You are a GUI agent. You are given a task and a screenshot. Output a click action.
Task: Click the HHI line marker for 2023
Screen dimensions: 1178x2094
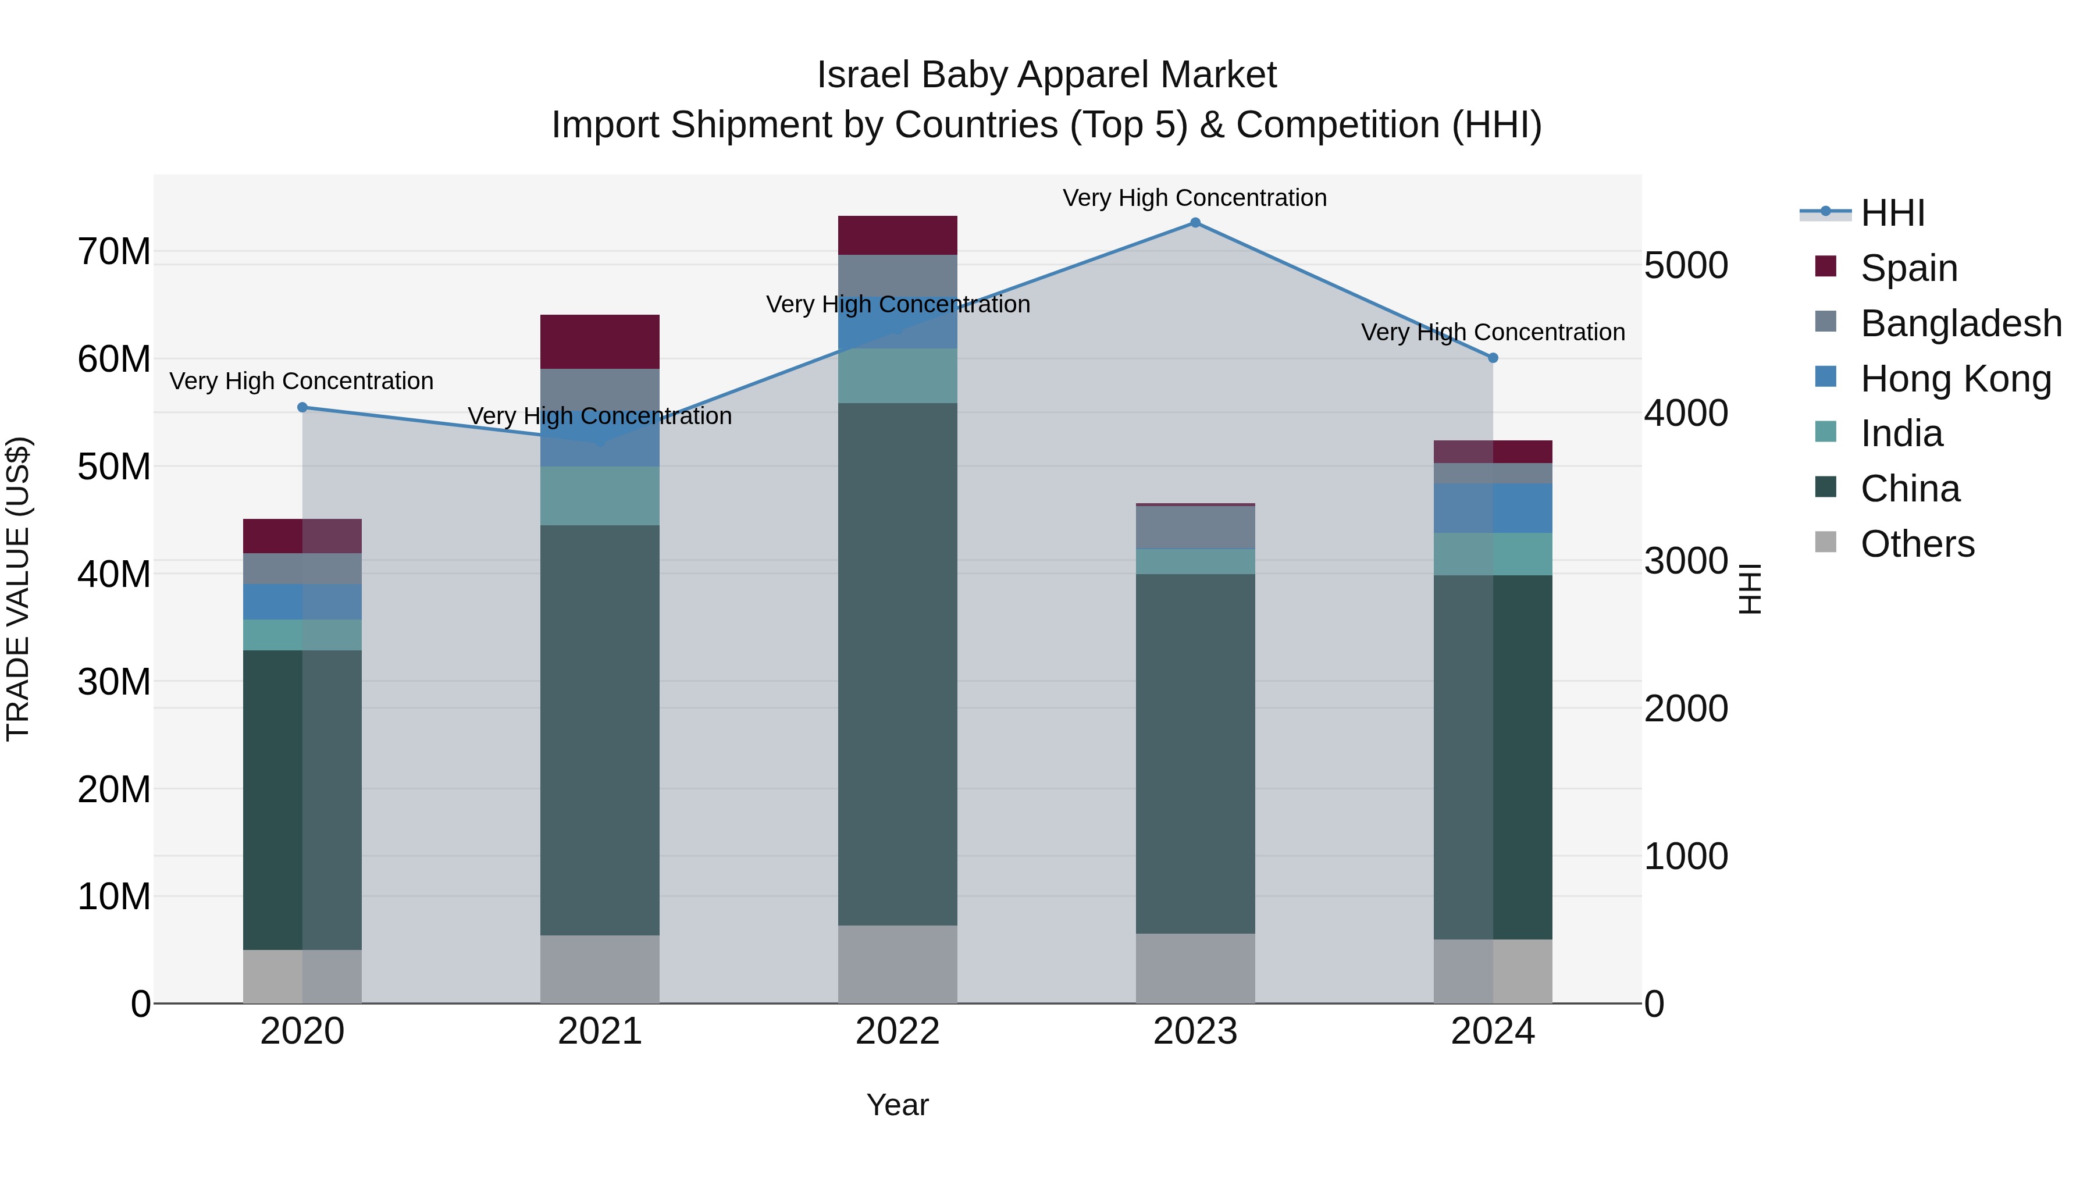pyautogui.click(x=1195, y=223)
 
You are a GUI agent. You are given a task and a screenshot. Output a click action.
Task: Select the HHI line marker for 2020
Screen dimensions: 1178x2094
pyautogui.click(x=302, y=407)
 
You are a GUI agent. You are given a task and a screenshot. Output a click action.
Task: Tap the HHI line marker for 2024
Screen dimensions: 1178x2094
pyautogui.click(x=1493, y=358)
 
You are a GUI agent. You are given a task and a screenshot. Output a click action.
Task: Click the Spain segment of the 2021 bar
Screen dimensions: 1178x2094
pyautogui.click(x=600, y=341)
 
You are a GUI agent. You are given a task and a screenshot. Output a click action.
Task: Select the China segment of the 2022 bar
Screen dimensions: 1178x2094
pyautogui.click(x=898, y=663)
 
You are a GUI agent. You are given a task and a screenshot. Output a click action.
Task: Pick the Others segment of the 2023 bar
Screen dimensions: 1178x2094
pyautogui.click(x=1195, y=967)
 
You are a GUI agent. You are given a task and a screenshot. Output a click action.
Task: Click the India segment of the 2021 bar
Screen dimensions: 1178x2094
pyautogui.click(x=600, y=496)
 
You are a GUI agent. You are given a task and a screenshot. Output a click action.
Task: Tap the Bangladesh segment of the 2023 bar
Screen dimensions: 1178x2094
pyautogui.click(x=1195, y=527)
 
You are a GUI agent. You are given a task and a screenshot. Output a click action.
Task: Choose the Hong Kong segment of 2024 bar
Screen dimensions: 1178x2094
pyautogui.click(x=1493, y=508)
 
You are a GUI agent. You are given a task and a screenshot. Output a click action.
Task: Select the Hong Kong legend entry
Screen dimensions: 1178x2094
pyautogui.click(x=1955, y=378)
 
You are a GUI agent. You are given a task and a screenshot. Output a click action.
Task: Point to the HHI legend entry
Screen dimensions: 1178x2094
pyautogui.click(x=1892, y=213)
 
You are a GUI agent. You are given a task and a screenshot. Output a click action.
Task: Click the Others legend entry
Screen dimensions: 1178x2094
pyautogui.click(x=1917, y=544)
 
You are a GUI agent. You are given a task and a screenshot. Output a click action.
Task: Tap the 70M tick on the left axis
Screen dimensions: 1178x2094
pyautogui.click(x=114, y=251)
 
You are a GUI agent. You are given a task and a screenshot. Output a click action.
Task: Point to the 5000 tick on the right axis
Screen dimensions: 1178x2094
pyautogui.click(x=1686, y=265)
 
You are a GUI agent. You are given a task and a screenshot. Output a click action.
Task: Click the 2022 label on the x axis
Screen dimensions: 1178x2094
pyautogui.click(x=898, y=1031)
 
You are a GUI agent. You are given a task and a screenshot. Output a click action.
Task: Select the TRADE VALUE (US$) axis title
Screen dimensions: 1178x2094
pyautogui.click(x=19, y=589)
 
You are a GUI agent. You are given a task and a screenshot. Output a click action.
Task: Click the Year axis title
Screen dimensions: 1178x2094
pyautogui.click(x=898, y=1105)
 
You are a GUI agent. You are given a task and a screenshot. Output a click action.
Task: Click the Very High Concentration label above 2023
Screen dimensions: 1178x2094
pyautogui.click(x=1194, y=198)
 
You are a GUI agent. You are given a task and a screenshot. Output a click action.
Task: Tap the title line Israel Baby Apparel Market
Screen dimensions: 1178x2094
pyautogui.click(x=1046, y=75)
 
